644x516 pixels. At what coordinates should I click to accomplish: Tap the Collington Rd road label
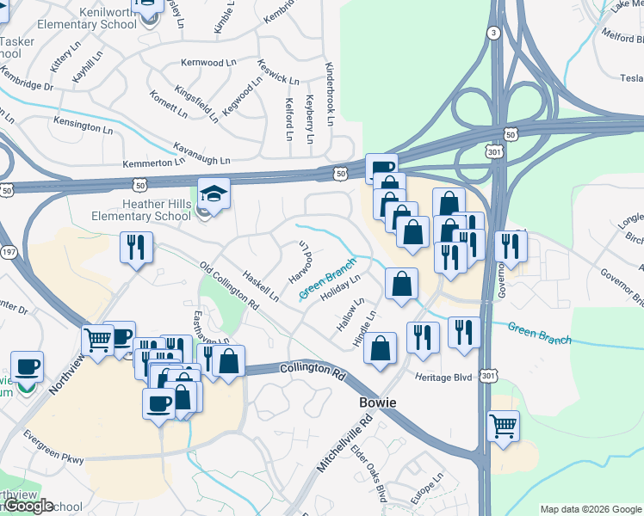pyautogui.click(x=312, y=370)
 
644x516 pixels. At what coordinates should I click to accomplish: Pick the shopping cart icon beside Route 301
pyautogui.click(x=504, y=426)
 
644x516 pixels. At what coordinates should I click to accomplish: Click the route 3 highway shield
pyautogui.click(x=492, y=33)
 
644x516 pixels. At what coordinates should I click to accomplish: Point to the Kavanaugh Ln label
pyautogui.click(x=201, y=153)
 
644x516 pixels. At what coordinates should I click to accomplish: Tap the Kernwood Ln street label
pyautogui.click(x=207, y=63)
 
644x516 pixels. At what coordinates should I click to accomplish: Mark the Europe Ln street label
pyautogui.click(x=426, y=488)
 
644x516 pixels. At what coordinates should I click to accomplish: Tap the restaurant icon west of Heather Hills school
pyautogui.click(x=136, y=249)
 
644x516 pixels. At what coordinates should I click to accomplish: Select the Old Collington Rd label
pyautogui.click(x=228, y=286)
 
